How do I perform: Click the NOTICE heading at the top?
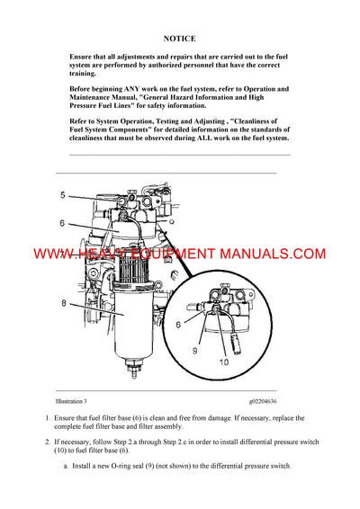(x=179, y=40)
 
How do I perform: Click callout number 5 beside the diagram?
(x=63, y=195)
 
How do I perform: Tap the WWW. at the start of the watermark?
(x=55, y=254)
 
